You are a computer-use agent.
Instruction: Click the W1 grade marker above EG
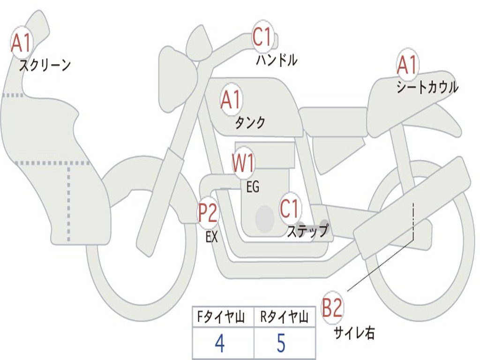point(243,163)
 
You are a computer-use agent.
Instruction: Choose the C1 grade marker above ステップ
point(290,209)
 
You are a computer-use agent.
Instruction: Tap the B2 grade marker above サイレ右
point(332,307)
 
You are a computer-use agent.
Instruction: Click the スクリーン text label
point(45,65)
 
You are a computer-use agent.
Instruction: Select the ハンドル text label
point(277,60)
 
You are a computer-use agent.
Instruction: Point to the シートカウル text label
point(427,87)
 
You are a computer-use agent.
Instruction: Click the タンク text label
point(250,123)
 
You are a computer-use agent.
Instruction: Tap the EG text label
point(253,187)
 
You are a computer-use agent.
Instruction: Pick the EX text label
point(212,237)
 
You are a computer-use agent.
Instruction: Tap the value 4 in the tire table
point(220,343)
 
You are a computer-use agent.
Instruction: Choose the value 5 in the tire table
point(281,343)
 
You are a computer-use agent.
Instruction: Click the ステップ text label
point(307,231)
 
